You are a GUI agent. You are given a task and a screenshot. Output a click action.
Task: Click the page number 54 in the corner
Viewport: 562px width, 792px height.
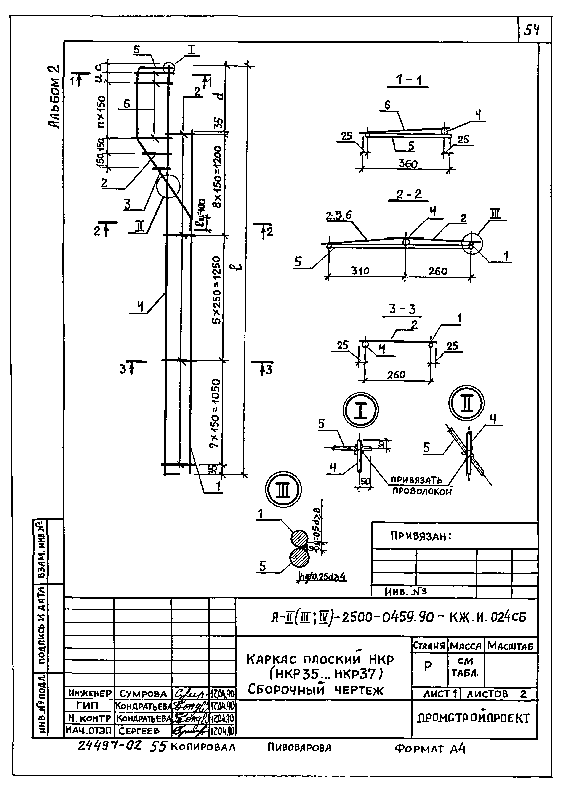point(532,31)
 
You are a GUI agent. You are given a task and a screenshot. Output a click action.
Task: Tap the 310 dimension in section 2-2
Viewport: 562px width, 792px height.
point(361,271)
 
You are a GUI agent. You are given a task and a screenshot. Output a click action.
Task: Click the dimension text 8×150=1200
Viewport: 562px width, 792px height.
point(217,176)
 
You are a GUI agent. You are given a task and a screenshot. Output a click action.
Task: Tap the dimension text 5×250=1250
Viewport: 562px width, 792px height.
point(217,290)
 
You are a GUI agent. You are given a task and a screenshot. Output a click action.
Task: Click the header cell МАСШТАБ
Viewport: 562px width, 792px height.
point(511,645)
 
